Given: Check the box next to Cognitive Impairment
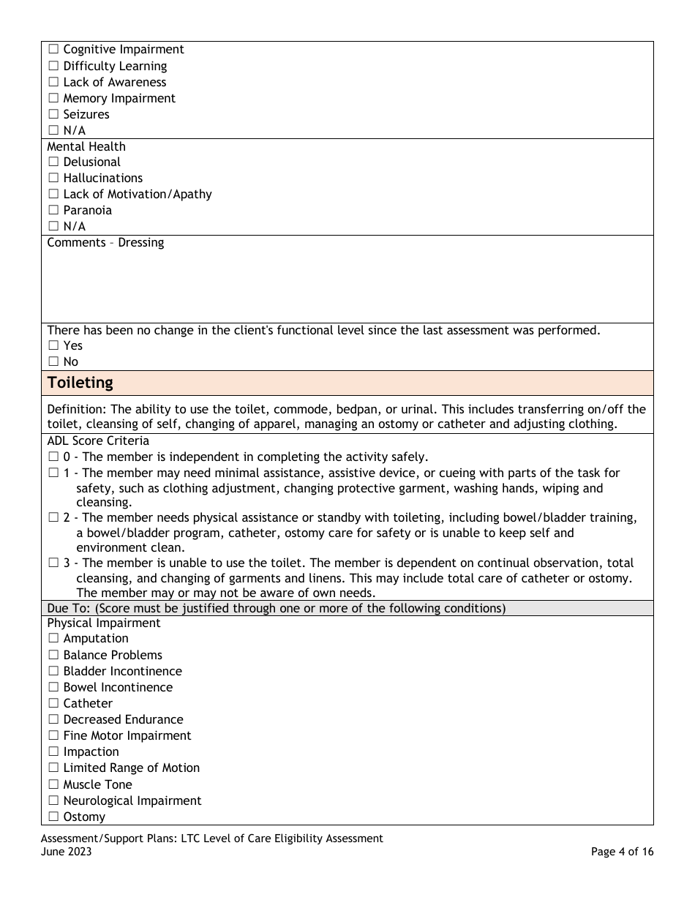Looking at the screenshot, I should pos(53,50).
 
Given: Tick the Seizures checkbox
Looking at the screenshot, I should pos(53,115).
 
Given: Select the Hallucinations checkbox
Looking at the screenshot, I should pos(53,179).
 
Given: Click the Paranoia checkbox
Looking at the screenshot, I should pos(53,211).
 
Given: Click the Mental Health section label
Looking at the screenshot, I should pos(86,146).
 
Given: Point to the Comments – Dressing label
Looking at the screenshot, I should pos(105,242).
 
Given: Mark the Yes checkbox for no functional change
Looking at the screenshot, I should pos(53,346).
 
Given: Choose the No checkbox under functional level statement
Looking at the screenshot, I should pos(53,362).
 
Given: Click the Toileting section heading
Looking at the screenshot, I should pos(80,383).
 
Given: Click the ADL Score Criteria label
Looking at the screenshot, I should pos(98,440).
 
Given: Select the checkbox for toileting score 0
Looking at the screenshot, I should pos(53,457).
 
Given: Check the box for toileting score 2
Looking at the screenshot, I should pos(53,518).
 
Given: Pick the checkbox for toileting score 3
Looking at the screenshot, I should pos(53,563).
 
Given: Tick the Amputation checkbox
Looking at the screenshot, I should pos(53,639).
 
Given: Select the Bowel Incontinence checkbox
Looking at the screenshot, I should pos(53,688).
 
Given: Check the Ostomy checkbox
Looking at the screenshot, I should pos(53,817).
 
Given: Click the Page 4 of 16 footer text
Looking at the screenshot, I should pos(623,852).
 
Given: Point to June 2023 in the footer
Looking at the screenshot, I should pos(66,852).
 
